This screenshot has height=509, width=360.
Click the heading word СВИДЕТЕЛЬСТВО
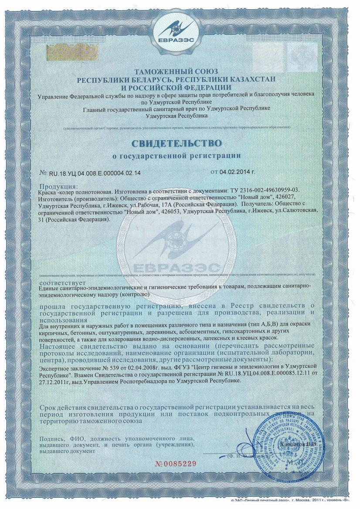180,143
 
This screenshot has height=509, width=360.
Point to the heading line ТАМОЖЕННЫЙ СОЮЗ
180,71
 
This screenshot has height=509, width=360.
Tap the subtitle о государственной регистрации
180,155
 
